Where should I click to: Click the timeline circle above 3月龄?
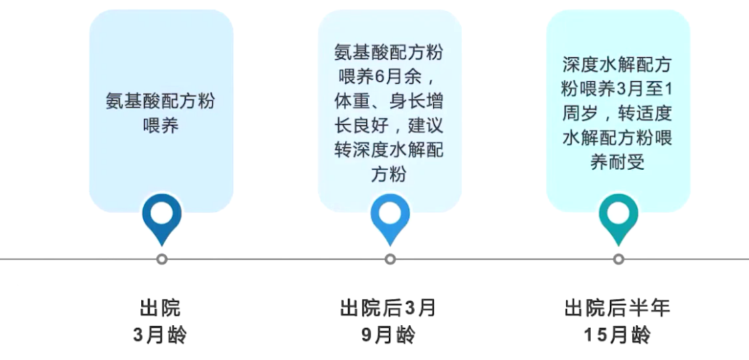(162, 259)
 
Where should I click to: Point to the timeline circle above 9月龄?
(390, 259)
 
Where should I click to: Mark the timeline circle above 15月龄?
(619, 259)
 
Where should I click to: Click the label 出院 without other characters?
(160, 308)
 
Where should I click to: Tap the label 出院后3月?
(388, 308)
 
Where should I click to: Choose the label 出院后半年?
(617, 308)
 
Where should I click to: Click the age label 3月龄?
(160, 335)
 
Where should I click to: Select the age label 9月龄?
(388, 335)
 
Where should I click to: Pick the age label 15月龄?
(617, 335)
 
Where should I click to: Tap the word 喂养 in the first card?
(160, 125)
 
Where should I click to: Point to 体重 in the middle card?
(352, 101)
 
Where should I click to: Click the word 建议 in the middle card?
(426, 125)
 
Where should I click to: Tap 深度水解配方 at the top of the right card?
(617, 65)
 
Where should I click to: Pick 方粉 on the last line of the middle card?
(388, 175)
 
